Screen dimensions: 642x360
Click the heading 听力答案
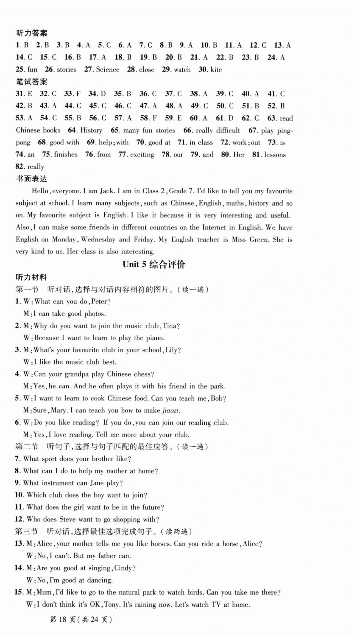(x=32, y=33)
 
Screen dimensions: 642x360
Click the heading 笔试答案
(x=32, y=82)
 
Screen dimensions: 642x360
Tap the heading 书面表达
(x=32, y=179)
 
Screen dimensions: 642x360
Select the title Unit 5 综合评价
(x=154, y=264)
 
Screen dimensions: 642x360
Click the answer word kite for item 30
(x=216, y=70)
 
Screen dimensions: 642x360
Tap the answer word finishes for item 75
(x=66, y=154)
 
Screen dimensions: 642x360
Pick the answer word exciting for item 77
(x=142, y=155)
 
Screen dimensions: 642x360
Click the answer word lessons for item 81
(x=275, y=155)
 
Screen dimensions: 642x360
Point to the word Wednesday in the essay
(x=98, y=240)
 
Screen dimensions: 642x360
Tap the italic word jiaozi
(x=171, y=410)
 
